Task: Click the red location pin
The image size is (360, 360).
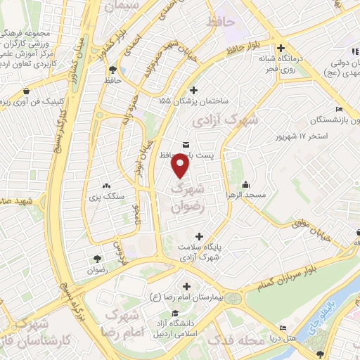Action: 181,165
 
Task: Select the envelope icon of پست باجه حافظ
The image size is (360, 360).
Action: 185,144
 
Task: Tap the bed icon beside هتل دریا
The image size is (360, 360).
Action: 283,328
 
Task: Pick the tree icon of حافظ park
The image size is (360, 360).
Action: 112,69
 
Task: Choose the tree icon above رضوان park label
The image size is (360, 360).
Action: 96,257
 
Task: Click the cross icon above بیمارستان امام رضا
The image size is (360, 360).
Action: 186,286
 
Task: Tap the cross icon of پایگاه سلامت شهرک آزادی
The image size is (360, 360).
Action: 199,236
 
